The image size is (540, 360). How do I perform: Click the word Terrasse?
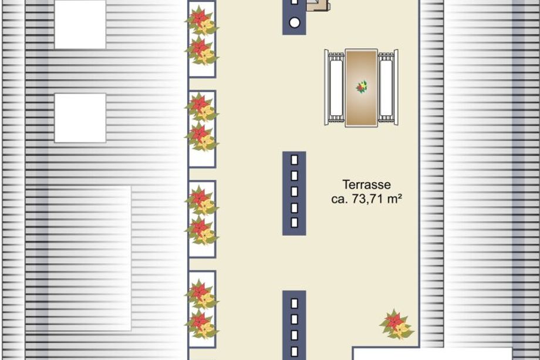[366, 184]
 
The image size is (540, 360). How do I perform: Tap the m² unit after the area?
[394, 198]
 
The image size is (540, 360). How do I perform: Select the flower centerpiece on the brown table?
[361, 87]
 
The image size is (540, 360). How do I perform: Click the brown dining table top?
[361, 88]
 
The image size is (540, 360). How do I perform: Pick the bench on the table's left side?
[335, 88]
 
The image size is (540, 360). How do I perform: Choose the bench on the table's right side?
[388, 88]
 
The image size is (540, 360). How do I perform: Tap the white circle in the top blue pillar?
[295, 23]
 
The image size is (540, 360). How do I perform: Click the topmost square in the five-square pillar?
[295, 160]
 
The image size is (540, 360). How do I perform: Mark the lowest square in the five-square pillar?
[295, 223]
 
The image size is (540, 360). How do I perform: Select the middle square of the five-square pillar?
[295, 191]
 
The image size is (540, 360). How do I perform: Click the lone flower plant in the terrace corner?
[397, 325]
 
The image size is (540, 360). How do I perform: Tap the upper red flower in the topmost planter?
[200, 16]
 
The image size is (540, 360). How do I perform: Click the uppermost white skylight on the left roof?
[80, 25]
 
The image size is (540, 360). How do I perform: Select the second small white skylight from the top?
[80, 118]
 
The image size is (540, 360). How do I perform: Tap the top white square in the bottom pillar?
[295, 304]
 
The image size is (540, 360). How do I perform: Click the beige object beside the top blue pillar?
[318, 5]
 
